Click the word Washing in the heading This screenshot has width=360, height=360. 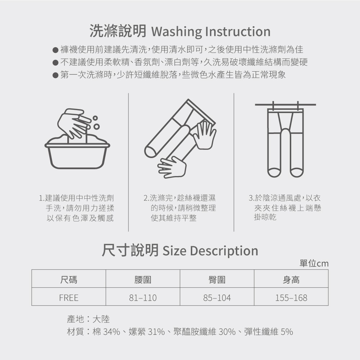pyautogui.click(x=176, y=32)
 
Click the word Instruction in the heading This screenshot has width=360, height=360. pyautogui.click(x=238, y=31)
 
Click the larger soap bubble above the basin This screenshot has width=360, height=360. pyautogui.click(x=96, y=126)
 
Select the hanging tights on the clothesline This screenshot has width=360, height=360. pyautogui.click(x=285, y=142)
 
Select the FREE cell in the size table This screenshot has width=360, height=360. pyautogui.click(x=69, y=298)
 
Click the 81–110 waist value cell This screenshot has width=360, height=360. pyautogui.click(x=143, y=298)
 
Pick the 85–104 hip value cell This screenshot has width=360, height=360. pyautogui.click(x=217, y=298)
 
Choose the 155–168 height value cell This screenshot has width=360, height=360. pyautogui.click(x=291, y=298)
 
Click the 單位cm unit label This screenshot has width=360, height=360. pyautogui.click(x=314, y=264)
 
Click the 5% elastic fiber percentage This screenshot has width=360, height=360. pyautogui.click(x=287, y=332)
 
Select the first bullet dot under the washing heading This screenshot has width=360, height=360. pyautogui.click(x=55, y=50)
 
